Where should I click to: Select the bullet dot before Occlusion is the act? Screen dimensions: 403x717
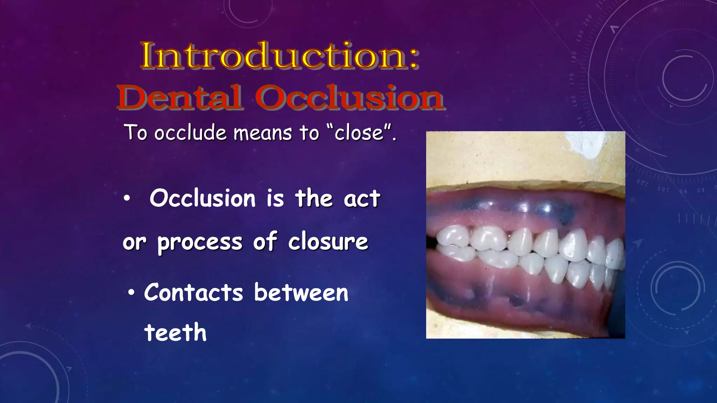(127, 199)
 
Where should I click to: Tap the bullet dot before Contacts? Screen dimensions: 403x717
(131, 293)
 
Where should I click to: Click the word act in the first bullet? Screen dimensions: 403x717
(362, 199)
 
